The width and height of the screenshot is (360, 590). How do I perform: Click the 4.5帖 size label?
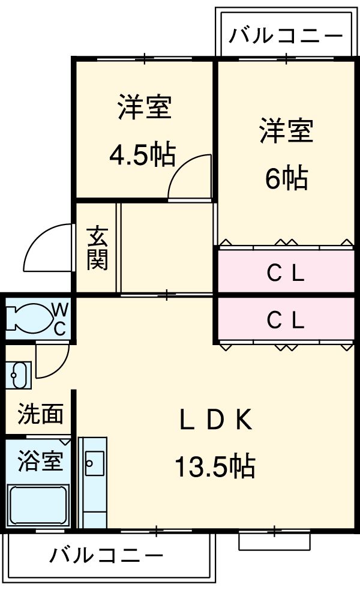142,155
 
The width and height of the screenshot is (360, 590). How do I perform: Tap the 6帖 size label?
286,178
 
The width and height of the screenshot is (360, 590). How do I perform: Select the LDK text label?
215,421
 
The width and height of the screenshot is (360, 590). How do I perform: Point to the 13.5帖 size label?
215,466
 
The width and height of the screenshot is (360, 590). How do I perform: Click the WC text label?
61,318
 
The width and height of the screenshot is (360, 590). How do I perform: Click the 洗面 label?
40,415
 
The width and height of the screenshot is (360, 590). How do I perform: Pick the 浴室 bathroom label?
40,463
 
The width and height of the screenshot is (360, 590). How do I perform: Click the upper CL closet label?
286,274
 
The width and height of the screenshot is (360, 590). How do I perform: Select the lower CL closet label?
286,321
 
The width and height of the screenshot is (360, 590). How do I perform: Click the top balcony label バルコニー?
286,36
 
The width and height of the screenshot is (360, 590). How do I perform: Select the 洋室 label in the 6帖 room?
286,132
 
